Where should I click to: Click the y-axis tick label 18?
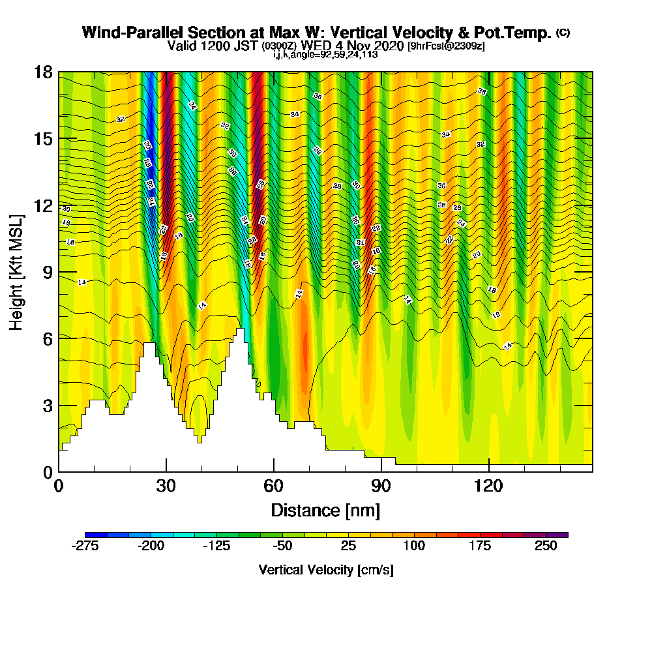tap(43, 72)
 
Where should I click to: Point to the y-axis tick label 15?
tap(43, 138)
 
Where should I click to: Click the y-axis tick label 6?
tap(48, 338)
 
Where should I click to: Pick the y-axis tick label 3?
tap(48, 405)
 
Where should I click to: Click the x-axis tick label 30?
tap(166, 486)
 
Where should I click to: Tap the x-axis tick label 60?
tap(274, 486)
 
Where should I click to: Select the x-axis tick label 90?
tap(381, 486)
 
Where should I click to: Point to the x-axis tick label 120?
tap(488, 486)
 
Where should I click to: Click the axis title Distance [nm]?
tap(325, 510)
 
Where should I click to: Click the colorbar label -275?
tap(85, 547)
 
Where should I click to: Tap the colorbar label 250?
tap(546, 547)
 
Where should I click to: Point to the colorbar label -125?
tap(216, 547)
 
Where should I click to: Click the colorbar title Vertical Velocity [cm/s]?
tap(326, 570)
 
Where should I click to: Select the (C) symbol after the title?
tap(563, 32)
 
